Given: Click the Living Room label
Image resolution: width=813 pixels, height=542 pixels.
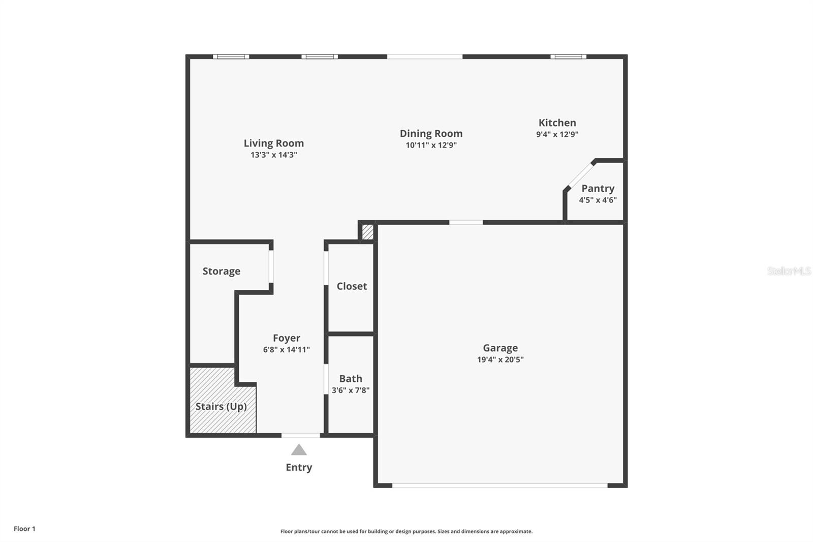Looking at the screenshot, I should (273, 143).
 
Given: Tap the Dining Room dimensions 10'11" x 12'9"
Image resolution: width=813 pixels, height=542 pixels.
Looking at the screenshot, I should (431, 145).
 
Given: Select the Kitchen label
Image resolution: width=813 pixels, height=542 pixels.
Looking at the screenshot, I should (557, 123).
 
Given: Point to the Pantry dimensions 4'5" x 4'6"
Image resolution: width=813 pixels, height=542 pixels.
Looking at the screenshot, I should (598, 200).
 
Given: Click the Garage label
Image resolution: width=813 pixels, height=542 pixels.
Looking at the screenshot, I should (500, 348).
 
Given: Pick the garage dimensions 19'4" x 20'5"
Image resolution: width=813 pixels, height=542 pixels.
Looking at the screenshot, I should (500, 359).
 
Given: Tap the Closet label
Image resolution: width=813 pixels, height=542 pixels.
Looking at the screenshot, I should (352, 286).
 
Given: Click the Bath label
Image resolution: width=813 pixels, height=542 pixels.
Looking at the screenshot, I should (351, 379).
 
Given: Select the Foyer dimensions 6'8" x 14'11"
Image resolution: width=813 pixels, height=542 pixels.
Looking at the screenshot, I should (286, 350).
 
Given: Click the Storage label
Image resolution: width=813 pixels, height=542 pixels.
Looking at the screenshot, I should (221, 271).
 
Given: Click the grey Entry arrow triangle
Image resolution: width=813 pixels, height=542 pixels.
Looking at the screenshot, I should (299, 450).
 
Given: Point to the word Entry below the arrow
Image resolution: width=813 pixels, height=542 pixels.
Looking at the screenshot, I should (299, 467).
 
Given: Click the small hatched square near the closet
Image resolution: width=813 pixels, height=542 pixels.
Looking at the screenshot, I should (367, 232).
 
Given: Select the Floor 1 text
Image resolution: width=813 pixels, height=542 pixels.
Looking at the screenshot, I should (24, 529).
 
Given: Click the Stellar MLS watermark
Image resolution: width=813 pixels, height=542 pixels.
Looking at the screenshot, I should (789, 271).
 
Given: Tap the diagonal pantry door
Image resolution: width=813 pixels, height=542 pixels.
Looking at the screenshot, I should (579, 175).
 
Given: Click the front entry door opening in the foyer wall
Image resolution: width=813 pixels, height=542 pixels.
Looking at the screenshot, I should (301, 435).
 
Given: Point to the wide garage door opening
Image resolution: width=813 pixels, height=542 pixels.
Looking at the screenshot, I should (500, 486).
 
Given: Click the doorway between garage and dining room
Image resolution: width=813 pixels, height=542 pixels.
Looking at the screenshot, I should (466, 222).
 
